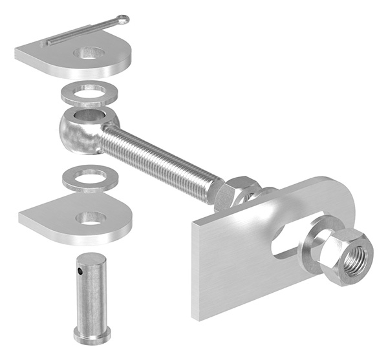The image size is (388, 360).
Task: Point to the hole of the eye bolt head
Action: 85,117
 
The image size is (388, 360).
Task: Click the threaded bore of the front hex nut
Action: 353,257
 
